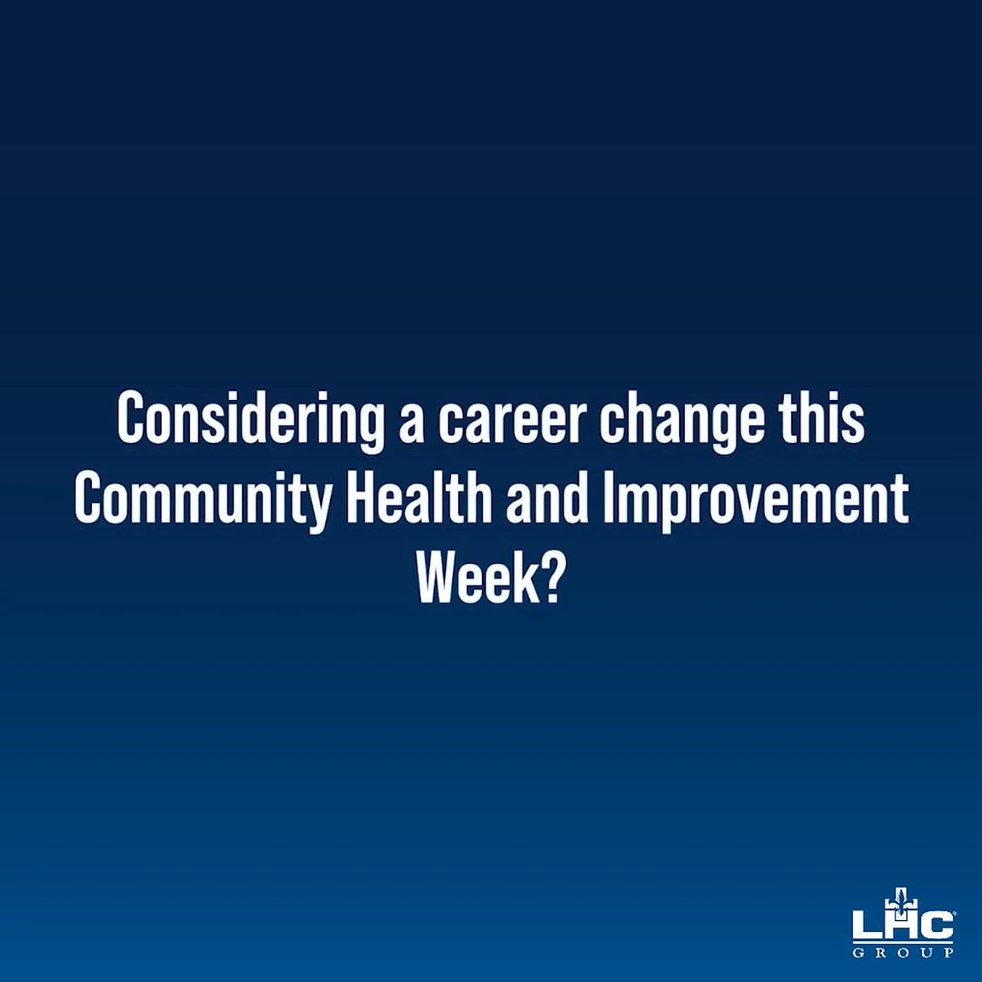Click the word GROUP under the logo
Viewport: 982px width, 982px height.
pyautogui.click(x=903, y=952)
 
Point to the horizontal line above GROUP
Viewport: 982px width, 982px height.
pyautogui.click(x=903, y=942)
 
